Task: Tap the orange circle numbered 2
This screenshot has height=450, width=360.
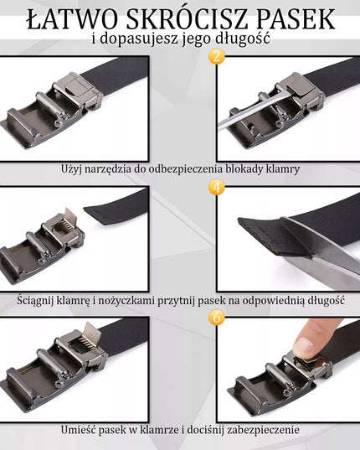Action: pos(217,56)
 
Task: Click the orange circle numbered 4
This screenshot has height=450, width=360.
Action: pos(217,187)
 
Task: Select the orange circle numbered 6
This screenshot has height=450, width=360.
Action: pos(217,318)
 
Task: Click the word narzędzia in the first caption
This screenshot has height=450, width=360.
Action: pos(101,169)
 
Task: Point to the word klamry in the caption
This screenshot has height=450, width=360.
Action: pos(283,169)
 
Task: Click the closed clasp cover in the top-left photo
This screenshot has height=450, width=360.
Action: pos(76,85)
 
